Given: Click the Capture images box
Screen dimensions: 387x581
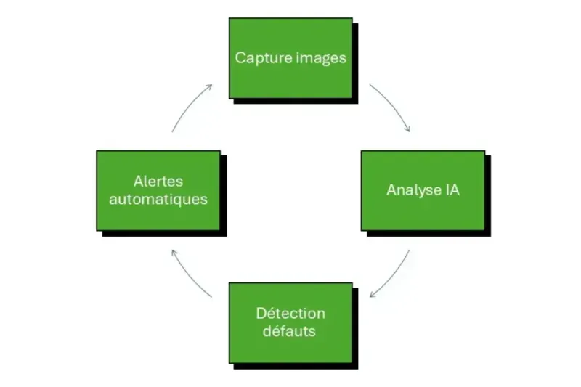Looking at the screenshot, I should (x=290, y=58).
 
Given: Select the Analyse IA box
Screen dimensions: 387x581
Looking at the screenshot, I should (x=423, y=190).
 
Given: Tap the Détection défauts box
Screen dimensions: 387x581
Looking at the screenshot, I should (x=290, y=322).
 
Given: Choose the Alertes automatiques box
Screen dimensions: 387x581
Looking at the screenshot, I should (x=158, y=190).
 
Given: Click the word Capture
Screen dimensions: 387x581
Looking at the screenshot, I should (x=259, y=58).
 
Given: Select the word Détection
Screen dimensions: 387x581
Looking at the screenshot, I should (x=290, y=314).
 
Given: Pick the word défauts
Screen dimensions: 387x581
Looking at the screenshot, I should (x=290, y=332).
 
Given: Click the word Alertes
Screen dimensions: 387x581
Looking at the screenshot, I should (x=158, y=181).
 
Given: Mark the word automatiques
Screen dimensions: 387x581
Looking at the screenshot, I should (x=158, y=199).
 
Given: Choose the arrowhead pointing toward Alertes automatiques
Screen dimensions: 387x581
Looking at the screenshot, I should (x=172, y=251).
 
